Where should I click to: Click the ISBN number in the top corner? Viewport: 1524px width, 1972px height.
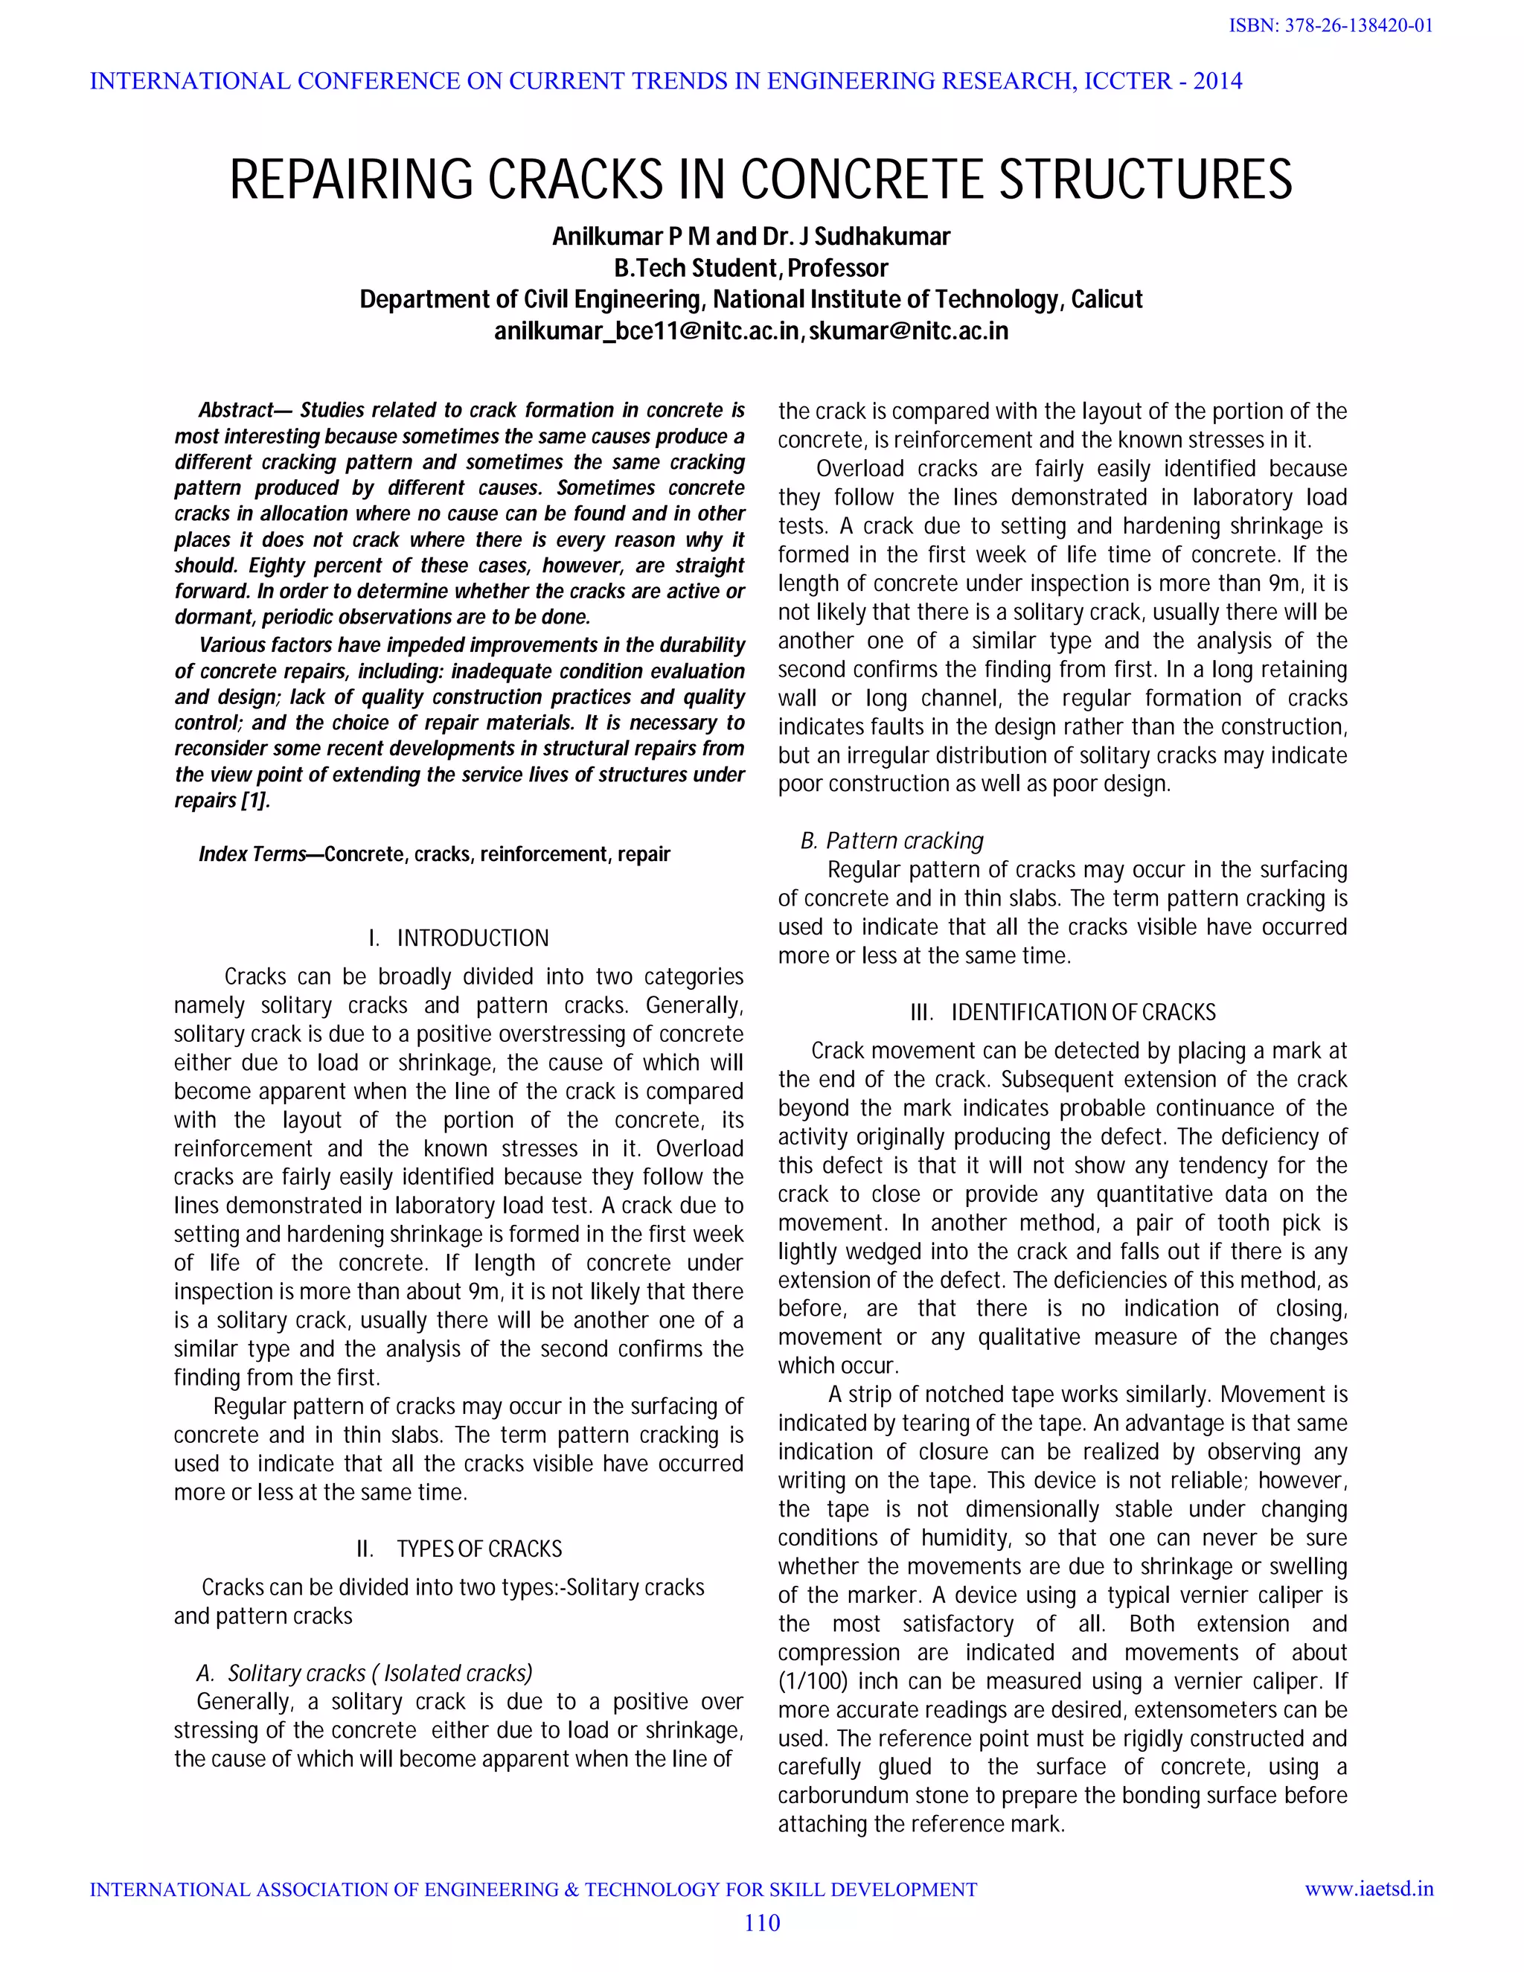pos(1331,26)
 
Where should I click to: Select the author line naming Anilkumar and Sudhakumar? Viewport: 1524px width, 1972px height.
pos(750,237)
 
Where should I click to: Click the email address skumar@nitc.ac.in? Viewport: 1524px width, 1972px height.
pos(907,331)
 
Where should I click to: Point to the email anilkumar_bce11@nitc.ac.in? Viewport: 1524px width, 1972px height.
pos(647,331)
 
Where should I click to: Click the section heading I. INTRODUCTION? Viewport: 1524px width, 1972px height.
pos(458,938)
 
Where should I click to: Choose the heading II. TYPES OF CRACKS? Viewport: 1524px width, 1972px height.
pos(458,1549)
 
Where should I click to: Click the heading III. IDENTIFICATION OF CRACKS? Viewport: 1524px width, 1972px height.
pos(1063,1012)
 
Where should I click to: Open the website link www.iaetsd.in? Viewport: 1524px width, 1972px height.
pos(1368,1889)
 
